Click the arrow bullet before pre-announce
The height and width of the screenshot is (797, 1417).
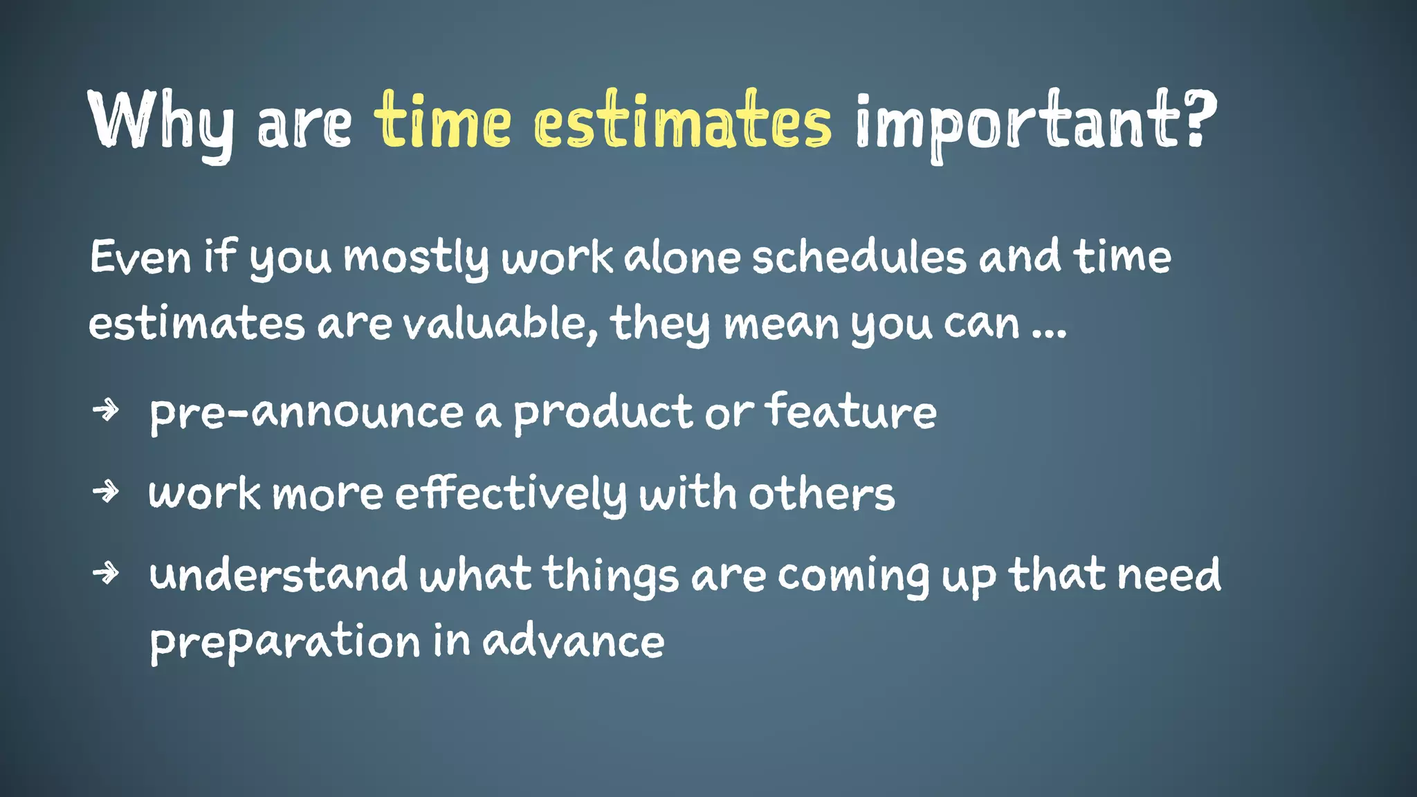click(106, 410)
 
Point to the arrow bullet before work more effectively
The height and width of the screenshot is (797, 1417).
click(106, 492)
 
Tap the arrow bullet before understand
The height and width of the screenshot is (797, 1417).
click(106, 573)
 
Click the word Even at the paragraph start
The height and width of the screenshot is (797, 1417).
click(140, 258)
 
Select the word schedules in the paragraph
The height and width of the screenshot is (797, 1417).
click(859, 258)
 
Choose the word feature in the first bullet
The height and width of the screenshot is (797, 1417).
click(850, 412)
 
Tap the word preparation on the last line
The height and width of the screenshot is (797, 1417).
click(284, 642)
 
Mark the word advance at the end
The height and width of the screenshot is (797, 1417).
click(573, 641)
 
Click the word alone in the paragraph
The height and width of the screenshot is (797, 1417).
click(682, 258)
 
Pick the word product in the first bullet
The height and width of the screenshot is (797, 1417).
click(603, 413)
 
